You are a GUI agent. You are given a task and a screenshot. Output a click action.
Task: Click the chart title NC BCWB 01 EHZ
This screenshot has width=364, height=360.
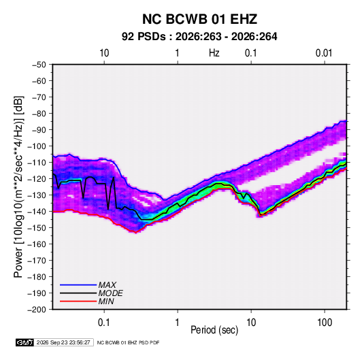click(199, 19)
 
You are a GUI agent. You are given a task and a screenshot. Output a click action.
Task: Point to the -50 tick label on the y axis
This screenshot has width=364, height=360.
click(39, 65)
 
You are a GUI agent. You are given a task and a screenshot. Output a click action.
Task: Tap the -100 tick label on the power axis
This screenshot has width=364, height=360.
click(37, 146)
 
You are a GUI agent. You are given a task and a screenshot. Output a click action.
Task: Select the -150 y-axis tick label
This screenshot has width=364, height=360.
click(37, 228)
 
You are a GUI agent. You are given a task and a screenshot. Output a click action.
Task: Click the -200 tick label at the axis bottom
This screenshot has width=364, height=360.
click(37, 310)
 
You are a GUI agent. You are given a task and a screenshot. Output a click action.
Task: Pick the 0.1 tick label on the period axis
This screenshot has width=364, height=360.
click(103, 323)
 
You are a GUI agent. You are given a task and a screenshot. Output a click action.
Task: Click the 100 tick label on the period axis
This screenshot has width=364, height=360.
click(325, 323)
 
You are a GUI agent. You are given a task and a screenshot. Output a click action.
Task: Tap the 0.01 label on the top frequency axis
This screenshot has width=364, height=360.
click(324, 53)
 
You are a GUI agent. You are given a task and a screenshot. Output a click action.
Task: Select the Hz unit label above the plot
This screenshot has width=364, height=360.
click(214, 53)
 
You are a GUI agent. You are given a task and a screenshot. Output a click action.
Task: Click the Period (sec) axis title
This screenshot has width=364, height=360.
click(214, 330)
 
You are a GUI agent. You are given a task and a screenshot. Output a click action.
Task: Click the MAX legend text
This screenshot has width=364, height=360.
click(107, 285)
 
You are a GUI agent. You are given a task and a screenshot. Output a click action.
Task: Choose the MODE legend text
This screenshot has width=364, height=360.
click(110, 293)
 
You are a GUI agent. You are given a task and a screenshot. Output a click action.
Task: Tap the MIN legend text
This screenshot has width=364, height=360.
click(106, 301)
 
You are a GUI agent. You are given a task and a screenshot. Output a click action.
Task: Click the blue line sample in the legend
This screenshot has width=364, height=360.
click(78, 285)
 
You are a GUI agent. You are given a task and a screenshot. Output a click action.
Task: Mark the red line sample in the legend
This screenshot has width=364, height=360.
click(78, 301)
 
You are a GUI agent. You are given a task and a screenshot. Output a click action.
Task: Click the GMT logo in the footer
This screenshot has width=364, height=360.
click(24, 342)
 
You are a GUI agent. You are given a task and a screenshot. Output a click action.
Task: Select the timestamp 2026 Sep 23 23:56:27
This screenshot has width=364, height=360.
click(63, 342)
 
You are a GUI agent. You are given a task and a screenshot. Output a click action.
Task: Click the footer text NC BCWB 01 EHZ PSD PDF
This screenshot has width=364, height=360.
click(128, 342)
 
